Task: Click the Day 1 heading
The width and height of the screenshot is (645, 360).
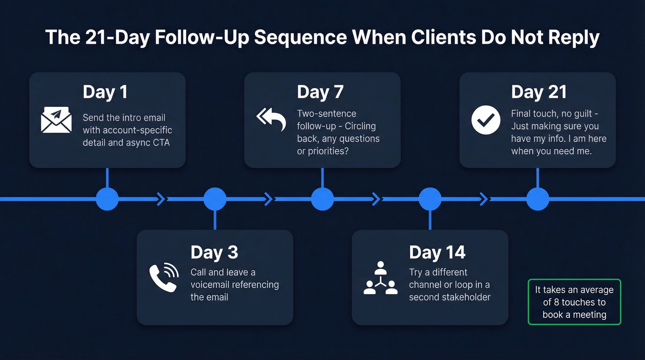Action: coord(105,92)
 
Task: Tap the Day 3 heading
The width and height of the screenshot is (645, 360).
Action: coord(214,253)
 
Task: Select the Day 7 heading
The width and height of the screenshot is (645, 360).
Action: coord(320,92)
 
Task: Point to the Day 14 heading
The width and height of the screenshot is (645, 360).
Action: coord(437,253)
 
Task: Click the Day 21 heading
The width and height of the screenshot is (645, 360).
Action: coord(539,92)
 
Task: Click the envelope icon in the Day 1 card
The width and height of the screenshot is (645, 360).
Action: coord(56,120)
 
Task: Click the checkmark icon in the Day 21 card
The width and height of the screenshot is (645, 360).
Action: coord(486,120)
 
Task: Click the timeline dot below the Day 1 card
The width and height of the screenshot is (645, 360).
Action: coord(107,199)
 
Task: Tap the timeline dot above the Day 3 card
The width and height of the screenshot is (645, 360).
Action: coord(215,199)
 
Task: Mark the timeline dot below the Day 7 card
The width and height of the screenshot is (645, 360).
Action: coord(322,199)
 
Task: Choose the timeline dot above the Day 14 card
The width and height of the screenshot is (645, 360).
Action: coord(430,199)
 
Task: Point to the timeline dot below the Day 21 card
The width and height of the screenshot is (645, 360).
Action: coord(538,199)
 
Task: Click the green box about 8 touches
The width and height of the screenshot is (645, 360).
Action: coord(574,302)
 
